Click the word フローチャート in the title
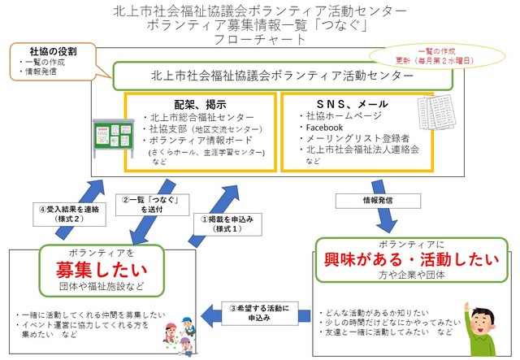[259, 40]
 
